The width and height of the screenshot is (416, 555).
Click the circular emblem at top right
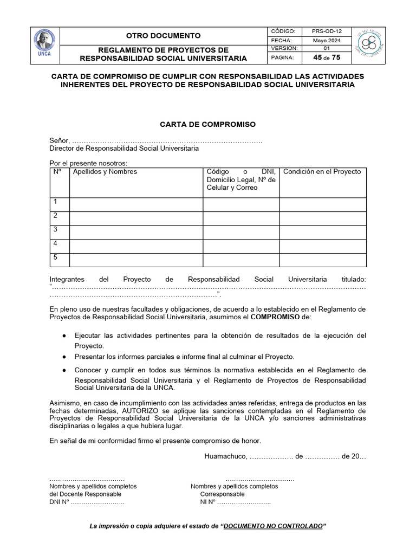[x=369, y=45]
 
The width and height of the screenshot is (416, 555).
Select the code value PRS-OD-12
[x=326, y=31]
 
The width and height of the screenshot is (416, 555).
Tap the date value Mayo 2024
[x=326, y=40]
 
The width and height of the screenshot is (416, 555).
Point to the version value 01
[x=326, y=48]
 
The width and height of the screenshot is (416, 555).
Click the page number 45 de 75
[x=326, y=57]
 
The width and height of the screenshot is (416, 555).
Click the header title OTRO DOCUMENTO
[x=163, y=35]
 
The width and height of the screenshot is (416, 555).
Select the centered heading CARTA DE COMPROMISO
[x=207, y=124]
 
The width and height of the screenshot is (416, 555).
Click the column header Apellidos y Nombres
[x=105, y=172]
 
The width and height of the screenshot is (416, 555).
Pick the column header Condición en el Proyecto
[x=322, y=172]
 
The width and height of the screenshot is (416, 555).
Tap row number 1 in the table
[x=55, y=202]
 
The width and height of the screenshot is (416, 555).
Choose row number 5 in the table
[x=55, y=257]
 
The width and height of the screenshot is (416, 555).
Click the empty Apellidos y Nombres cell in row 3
[x=136, y=233]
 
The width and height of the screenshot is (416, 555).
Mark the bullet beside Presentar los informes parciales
[x=64, y=357]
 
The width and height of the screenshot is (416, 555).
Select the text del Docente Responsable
[x=86, y=494]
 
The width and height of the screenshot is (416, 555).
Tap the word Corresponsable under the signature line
[x=222, y=494]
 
